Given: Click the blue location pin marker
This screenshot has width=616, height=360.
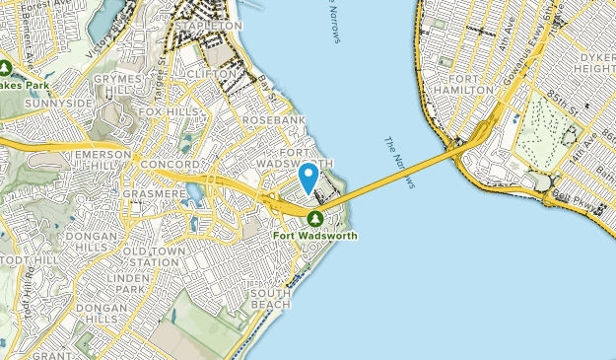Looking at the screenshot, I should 308,178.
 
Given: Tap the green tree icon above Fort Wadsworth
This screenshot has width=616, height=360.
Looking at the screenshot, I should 314,218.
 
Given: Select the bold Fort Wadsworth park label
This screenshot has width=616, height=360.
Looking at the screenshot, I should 315,236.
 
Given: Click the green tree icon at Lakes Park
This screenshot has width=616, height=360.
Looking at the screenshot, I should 6,68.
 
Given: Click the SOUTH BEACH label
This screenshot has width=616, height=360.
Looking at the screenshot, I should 270,299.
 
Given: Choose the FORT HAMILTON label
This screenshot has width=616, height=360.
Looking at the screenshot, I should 469,83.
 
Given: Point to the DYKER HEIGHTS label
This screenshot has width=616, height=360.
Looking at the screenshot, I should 594,62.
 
